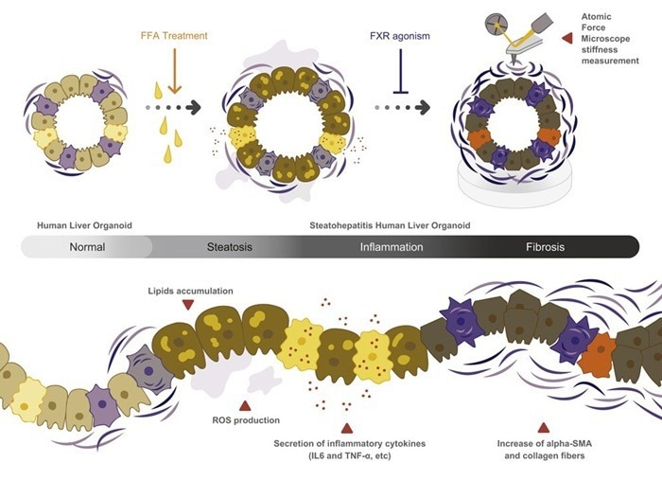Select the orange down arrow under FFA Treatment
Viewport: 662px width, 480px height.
174,75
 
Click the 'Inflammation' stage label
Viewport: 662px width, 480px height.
392,247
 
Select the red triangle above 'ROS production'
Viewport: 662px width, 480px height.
246,405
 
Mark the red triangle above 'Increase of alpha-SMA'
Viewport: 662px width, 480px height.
543,427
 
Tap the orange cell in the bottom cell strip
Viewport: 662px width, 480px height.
595,357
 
